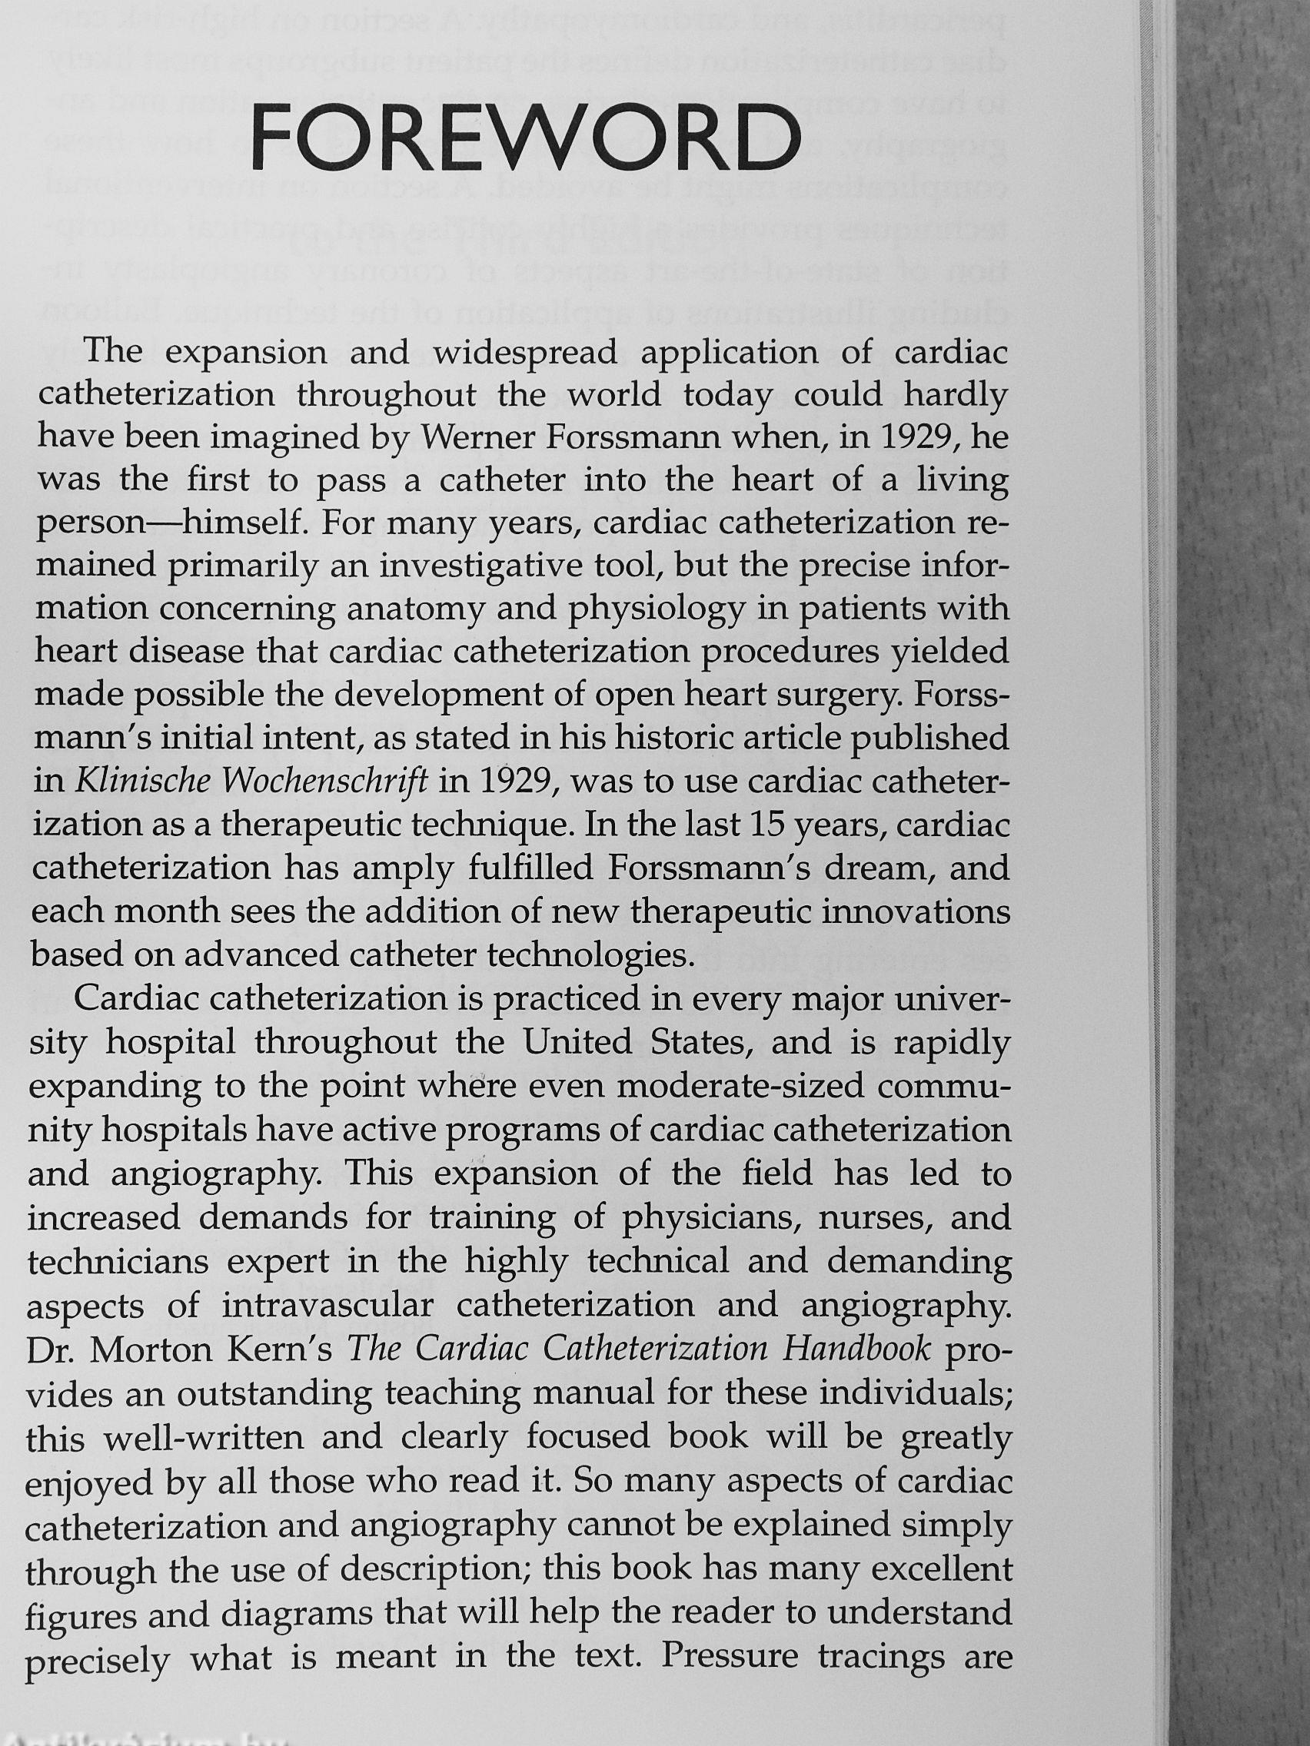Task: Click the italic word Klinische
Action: tap(144, 782)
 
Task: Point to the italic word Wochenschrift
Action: tap(324, 782)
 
